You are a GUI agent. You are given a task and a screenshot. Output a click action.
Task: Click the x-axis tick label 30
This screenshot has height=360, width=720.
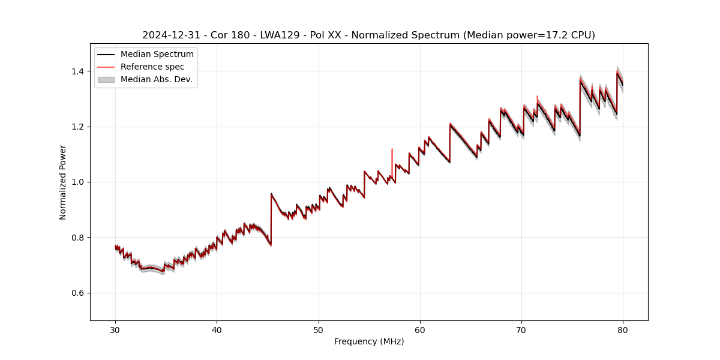(x=115, y=329)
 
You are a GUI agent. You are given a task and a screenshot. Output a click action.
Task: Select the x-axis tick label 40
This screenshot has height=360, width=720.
(x=217, y=329)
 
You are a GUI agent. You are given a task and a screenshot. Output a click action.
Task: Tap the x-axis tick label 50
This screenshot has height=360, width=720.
(x=319, y=329)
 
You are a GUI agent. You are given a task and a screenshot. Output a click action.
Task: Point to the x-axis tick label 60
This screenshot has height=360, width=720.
(x=420, y=329)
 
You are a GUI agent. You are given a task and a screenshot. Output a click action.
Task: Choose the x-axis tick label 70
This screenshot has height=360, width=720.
(x=521, y=329)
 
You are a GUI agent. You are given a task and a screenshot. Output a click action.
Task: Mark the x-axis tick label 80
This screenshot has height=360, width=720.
(x=623, y=329)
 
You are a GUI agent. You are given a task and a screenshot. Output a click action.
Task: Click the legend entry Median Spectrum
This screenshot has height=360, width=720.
(x=157, y=55)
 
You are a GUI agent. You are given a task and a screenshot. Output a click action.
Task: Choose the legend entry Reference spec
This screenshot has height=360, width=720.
(x=152, y=67)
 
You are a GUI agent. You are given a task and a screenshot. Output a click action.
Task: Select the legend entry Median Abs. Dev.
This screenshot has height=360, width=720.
(x=156, y=79)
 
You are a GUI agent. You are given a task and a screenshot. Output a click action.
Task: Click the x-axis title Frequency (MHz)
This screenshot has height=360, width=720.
(x=369, y=341)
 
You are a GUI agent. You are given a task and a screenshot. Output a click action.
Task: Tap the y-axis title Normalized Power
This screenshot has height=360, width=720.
(x=62, y=182)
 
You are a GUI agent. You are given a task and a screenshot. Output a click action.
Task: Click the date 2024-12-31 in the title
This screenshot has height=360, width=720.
(x=169, y=35)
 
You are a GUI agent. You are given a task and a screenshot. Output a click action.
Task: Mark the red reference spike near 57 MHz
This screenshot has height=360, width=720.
(x=392, y=157)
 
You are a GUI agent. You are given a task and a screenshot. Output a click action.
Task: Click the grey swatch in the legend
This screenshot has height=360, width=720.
(x=106, y=79)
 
